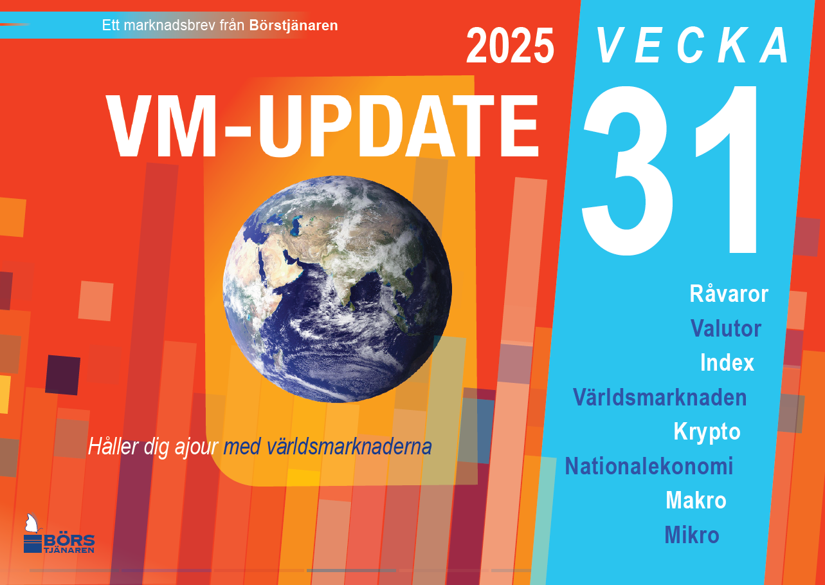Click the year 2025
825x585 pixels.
coord(510,46)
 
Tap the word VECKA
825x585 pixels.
coord(693,46)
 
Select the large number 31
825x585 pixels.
coord(669,171)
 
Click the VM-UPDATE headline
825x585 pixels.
coord(323,126)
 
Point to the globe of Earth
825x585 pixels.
coord(338,289)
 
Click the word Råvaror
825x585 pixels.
coord(729,294)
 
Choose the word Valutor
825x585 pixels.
coord(726,328)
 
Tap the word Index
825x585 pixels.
coord(727,362)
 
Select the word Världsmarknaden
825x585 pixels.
coord(660,397)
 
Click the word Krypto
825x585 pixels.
coord(707,432)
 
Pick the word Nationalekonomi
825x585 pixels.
coord(649,466)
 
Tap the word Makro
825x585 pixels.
coord(696,500)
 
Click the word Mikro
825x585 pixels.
coord(692,535)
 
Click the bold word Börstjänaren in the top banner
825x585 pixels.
coord(293,26)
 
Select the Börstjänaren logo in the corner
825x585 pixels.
coord(59,534)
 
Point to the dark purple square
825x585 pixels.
coord(62,375)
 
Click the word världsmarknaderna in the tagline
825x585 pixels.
coord(349,447)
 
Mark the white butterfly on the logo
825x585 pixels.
coord(32,523)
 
